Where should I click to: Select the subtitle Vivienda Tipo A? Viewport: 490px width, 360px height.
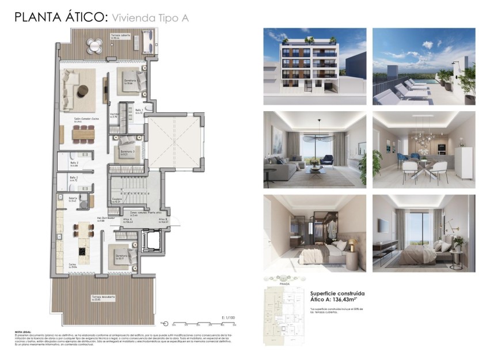pyautogui.click(x=150, y=18)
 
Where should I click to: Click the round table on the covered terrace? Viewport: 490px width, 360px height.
pyautogui.click(x=93, y=44)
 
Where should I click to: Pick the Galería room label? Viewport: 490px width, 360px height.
pyautogui.click(x=73, y=199)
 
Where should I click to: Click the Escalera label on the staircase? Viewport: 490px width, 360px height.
pyautogui.click(x=116, y=200)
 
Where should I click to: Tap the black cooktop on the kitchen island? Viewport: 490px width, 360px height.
pyautogui.click(x=81, y=251)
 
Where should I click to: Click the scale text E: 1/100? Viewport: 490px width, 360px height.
pyautogui.click(x=229, y=317)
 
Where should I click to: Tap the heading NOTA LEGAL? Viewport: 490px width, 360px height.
pyautogui.click(x=22, y=332)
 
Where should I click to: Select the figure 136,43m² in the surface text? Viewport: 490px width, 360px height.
pyautogui.click(x=348, y=300)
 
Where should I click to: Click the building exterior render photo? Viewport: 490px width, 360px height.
pyautogui.click(x=314, y=66)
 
